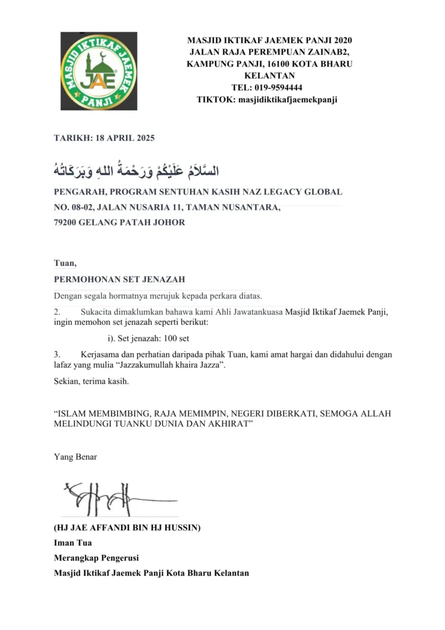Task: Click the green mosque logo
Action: point(98,71)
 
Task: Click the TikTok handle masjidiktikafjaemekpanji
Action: point(286,99)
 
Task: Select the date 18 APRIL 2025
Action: point(125,138)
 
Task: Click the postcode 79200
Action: point(65,222)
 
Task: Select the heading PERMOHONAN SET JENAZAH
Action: point(119,279)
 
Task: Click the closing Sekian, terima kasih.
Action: point(92,381)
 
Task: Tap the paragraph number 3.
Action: point(57,354)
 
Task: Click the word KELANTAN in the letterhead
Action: point(269,76)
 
